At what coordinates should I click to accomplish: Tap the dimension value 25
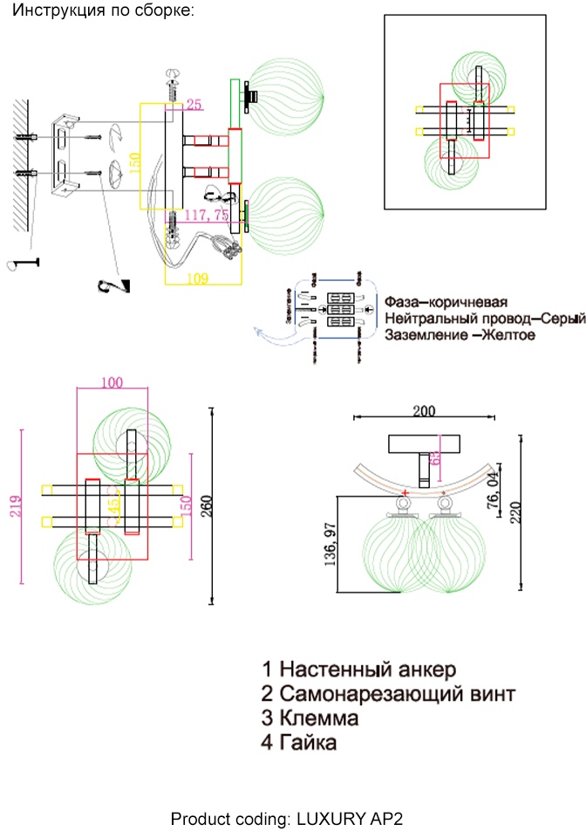click(x=194, y=105)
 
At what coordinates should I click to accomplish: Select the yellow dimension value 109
click(x=199, y=278)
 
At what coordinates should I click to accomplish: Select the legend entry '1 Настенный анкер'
click(x=358, y=670)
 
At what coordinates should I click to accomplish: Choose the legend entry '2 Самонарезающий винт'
click(x=388, y=695)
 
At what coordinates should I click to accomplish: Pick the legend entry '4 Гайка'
click(x=299, y=744)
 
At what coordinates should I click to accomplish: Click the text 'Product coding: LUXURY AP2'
click(x=287, y=819)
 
